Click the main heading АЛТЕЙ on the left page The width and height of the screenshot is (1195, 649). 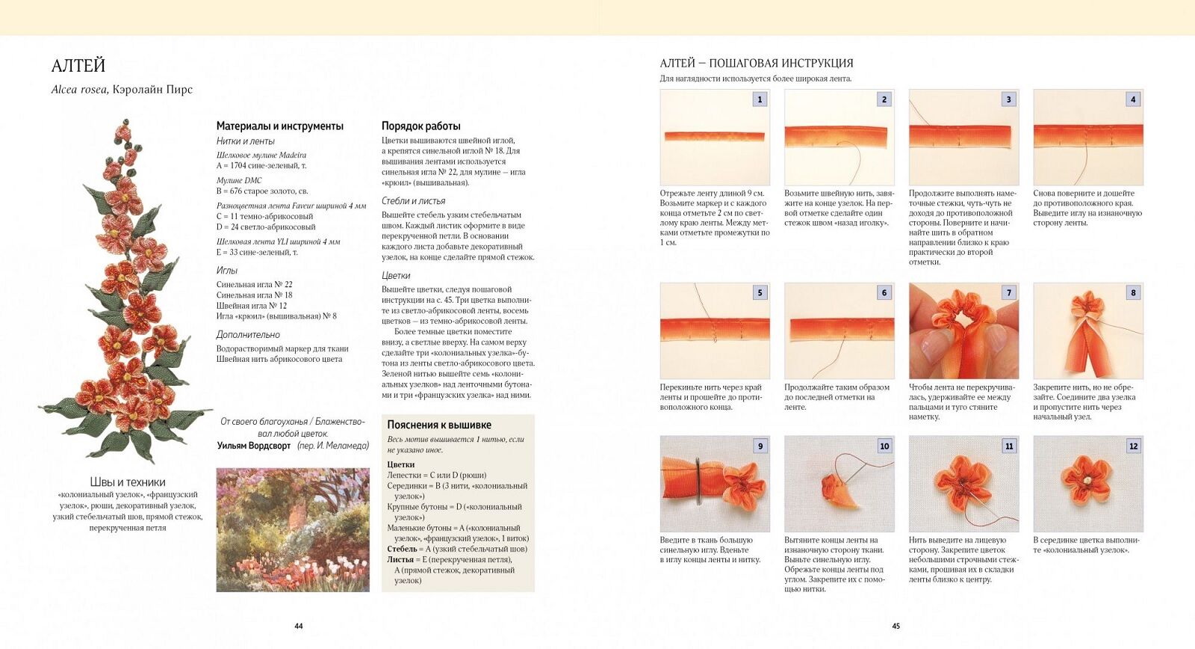78,66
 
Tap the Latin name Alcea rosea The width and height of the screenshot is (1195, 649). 79,90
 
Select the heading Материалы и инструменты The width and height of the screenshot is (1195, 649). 280,126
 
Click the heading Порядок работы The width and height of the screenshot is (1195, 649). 421,126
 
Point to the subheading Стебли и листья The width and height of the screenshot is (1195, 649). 413,201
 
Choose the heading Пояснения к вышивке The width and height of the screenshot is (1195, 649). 439,425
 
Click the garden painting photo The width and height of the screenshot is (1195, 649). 293,530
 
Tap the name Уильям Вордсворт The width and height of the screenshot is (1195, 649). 254,446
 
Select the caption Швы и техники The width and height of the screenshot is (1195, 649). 128,482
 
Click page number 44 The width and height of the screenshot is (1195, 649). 299,627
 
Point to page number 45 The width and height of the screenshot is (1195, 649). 896,627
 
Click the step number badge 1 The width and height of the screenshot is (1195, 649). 760,99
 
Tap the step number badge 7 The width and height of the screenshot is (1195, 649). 1008,293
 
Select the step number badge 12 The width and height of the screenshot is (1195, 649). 1133,446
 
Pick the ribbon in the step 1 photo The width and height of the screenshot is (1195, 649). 715,136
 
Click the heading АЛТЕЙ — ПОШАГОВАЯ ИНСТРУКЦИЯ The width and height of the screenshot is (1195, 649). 757,64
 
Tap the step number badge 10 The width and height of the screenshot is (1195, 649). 884,446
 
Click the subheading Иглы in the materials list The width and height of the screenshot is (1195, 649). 227,271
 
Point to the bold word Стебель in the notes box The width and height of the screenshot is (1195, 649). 402,549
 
